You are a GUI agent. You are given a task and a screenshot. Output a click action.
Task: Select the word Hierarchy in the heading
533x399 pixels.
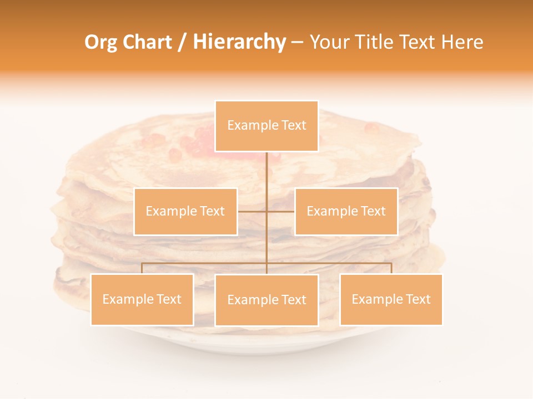(x=239, y=42)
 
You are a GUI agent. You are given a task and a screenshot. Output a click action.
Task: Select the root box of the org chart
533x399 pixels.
(x=266, y=126)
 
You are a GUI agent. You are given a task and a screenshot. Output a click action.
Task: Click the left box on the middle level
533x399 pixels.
(x=185, y=211)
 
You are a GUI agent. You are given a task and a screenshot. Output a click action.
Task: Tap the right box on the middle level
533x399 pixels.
(x=346, y=211)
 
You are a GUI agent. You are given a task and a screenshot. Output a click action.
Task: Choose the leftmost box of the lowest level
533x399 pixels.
(x=142, y=299)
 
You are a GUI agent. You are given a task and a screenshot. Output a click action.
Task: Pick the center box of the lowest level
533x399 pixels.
(x=266, y=300)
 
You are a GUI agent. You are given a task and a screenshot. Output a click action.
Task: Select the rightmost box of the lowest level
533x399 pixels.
(x=391, y=299)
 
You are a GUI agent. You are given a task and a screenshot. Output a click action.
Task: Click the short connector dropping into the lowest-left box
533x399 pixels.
(x=142, y=268)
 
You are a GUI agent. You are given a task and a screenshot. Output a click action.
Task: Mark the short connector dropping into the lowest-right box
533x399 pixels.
(x=391, y=268)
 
